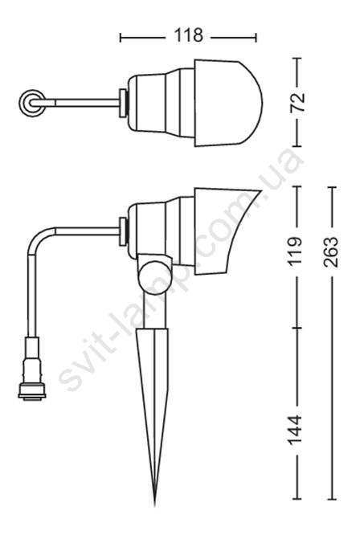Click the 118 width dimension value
pyautogui.click(x=188, y=35)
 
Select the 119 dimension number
pyautogui.click(x=296, y=251)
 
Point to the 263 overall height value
pyautogui.click(x=331, y=252)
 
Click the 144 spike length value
pyautogui.click(x=295, y=430)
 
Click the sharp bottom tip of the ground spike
pyautogui.click(x=155, y=504)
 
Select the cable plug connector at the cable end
pyautogui.click(x=32, y=370)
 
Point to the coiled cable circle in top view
pyautogui.click(x=32, y=103)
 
